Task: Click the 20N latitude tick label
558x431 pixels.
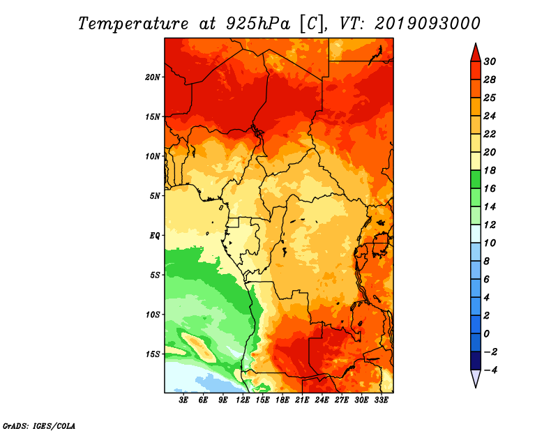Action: pyautogui.click(x=153, y=77)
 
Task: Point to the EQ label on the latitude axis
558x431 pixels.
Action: pyautogui.click(x=155, y=235)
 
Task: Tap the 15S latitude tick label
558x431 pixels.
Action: pyautogui.click(x=153, y=354)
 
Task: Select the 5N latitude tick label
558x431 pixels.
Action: pyautogui.click(x=155, y=196)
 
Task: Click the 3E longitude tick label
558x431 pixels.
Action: pyautogui.click(x=183, y=400)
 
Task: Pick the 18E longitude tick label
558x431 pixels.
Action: pyautogui.click(x=282, y=400)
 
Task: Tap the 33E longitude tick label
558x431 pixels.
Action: pyautogui.click(x=381, y=400)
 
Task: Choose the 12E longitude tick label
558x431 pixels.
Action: pyautogui.click(x=243, y=400)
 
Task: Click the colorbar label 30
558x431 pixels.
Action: pyautogui.click(x=490, y=61)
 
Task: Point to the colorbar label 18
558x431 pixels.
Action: pyautogui.click(x=490, y=170)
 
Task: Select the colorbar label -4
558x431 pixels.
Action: pyautogui.click(x=490, y=370)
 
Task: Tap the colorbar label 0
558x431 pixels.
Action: pyautogui.click(x=487, y=334)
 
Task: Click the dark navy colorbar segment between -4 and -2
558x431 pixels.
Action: pyautogui.click(x=476, y=361)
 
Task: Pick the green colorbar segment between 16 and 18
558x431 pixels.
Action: pyautogui.click(x=476, y=179)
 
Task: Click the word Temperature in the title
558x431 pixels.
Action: pyautogui.click(x=133, y=24)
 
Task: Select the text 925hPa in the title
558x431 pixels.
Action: pyautogui.click(x=258, y=24)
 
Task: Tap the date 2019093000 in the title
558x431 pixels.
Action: pyautogui.click(x=428, y=24)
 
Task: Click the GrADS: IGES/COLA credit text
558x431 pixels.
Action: pyautogui.click(x=39, y=425)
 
